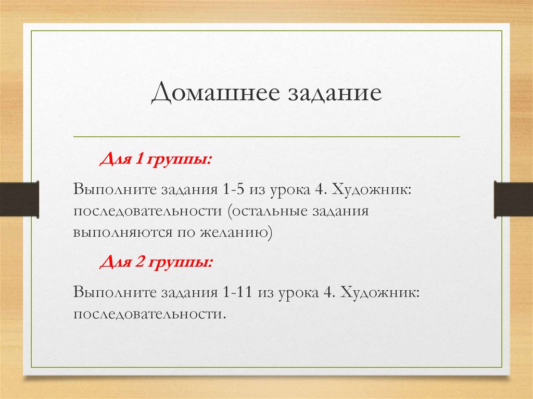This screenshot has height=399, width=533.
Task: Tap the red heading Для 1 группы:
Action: coord(156,158)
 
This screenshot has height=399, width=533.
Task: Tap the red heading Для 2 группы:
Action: coord(156,263)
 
